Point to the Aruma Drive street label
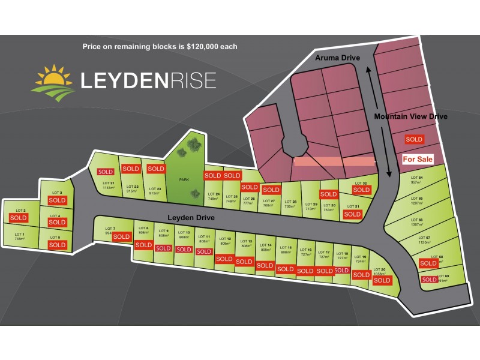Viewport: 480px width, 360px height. click(x=338, y=57)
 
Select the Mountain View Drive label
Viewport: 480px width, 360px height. click(x=410, y=116)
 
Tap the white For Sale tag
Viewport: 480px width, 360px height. click(x=416, y=159)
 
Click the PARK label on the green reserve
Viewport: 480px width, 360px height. click(x=184, y=179)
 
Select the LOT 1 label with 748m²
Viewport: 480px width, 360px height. click(x=19, y=236)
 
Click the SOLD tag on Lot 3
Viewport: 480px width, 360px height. click(x=57, y=200)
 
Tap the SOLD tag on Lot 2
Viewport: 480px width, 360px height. click(x=19, y=218)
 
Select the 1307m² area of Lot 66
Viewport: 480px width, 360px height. click(x=416, y=225)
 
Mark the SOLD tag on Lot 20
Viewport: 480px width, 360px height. click(x=382, y=280)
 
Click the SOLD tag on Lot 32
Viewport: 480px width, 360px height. click(x=361, y=190)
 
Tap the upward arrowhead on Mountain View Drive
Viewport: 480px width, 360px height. click(x=369, y=70)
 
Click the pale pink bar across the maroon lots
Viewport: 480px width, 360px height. click(x=334, y=161)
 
